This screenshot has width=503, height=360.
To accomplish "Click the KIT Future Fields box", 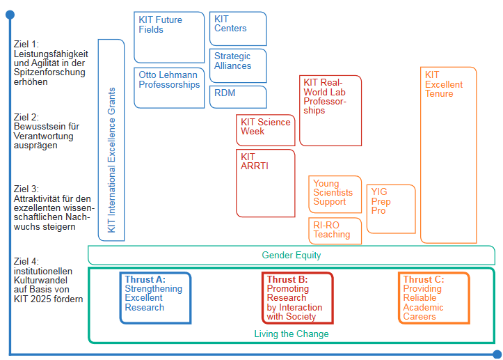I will [x=169, y=36].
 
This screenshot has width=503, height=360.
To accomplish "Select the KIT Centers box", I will [x=237, y=29].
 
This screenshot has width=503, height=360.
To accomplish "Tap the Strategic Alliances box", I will [x=237, y=65].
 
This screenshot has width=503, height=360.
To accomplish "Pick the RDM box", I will [x=237, y=97].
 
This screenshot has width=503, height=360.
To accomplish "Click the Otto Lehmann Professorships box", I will [x=169, y=87].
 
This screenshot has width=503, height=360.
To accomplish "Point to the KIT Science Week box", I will [x=265, y=130].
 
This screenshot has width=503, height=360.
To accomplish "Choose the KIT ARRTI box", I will [x=265, y=182].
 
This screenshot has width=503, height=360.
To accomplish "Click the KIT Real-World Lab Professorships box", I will [x=330, y=110].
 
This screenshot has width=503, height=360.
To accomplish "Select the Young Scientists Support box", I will [x=335, y=194].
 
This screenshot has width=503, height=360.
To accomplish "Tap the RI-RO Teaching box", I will [x=335, y=230].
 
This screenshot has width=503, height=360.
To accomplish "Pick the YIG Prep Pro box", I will [x=390, y=208].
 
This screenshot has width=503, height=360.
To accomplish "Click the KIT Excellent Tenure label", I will [x=444, y=84].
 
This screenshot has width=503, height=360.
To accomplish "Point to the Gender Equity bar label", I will [x=292, y=256].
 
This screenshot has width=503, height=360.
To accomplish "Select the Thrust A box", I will [x=155, y=297].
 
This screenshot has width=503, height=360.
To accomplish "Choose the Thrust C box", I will [x=433, y=297].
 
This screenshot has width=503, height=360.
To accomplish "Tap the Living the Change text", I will [x=292, y=334].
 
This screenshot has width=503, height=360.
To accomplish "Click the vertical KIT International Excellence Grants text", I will [x=111, y=160].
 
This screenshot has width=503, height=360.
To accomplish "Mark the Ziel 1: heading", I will [x=26, y=44].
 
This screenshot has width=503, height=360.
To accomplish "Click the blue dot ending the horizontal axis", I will [x=496, y=354].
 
